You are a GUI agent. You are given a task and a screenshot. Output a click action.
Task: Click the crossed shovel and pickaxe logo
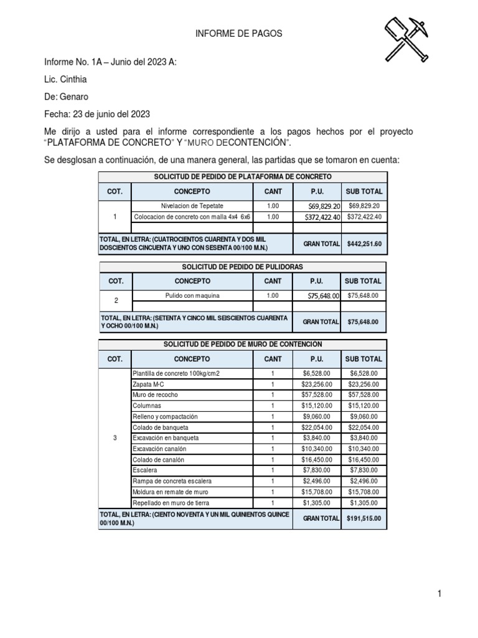click(x=405, y=38)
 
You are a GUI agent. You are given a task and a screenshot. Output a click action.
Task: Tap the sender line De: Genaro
click(x=66, y=97)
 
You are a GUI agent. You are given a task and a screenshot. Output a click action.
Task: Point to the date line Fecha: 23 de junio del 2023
click(x=96, y=114)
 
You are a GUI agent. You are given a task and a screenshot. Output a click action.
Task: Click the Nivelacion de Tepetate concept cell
click(x=192, y=206)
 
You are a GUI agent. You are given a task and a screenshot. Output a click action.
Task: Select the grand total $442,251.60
click(x=364, y=244)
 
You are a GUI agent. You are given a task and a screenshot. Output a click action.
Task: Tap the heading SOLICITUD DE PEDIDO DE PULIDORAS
click(x=242, y=267)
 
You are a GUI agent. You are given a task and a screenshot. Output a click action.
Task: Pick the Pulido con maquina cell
click(x=192, y=295)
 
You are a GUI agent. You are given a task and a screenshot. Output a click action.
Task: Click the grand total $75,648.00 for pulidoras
click(x=364, y=322)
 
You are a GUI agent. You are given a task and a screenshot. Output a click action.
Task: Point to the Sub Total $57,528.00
click(x=364, y=395)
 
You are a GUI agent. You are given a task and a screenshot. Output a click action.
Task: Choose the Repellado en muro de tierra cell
click(x=171, y=503)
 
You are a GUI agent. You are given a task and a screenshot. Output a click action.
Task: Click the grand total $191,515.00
click(x=364, y=518)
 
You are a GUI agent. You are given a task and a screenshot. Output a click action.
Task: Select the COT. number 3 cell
click(x=115, y=438)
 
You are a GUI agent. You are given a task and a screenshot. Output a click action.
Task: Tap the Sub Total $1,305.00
click(x=364, y=503)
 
